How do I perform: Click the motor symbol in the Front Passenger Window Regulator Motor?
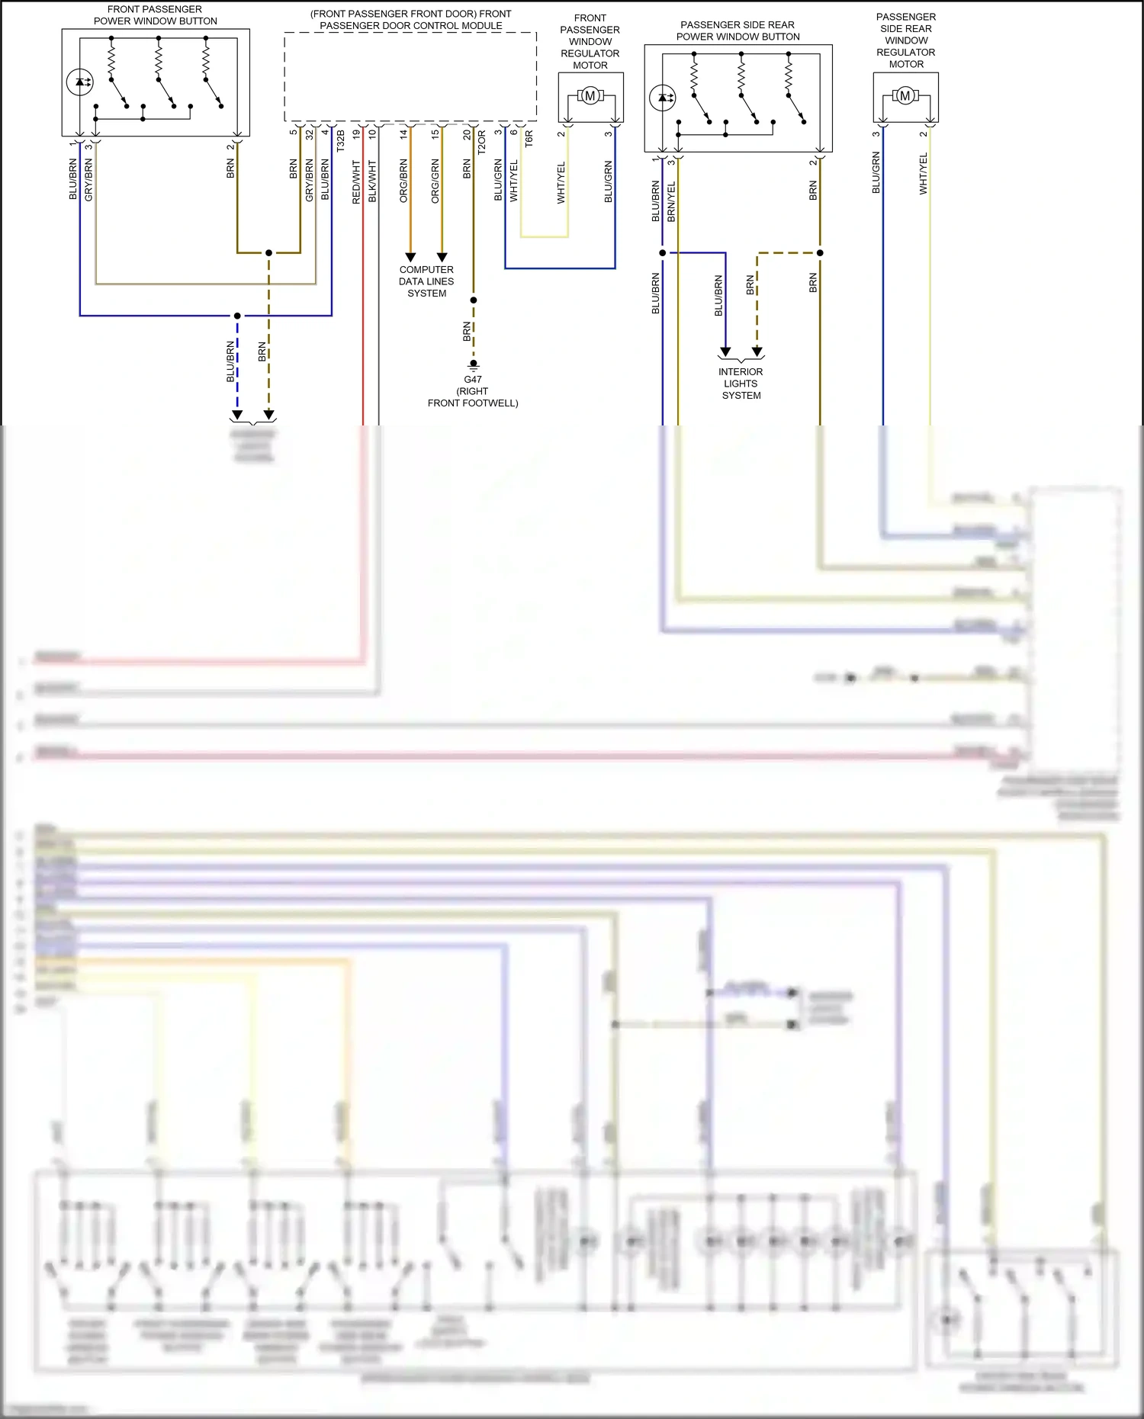click(590, 96)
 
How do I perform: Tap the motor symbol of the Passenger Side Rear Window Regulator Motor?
click(905, 96)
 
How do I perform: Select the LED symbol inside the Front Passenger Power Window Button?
click(79, 82)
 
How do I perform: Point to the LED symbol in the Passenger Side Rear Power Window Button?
click(662, 98)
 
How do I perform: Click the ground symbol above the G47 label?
click(474, 364)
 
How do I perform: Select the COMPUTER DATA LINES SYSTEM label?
click(426, 281)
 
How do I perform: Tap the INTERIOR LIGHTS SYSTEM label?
click(741, 384)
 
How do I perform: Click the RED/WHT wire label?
click(356, 181)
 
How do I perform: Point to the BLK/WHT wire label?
click(372, 181)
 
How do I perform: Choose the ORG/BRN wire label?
click(403, 181)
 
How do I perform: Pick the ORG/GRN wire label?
click(435, 181)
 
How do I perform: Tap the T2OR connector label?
click(482, 143)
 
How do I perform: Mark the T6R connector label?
click(529, 139)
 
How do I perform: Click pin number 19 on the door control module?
click(356, 134)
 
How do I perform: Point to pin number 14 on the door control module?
click(403, 134)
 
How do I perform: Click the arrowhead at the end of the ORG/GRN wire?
click(442, 258)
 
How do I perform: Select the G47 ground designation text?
click(473, 379)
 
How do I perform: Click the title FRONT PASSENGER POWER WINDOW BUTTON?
click(156, 15)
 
